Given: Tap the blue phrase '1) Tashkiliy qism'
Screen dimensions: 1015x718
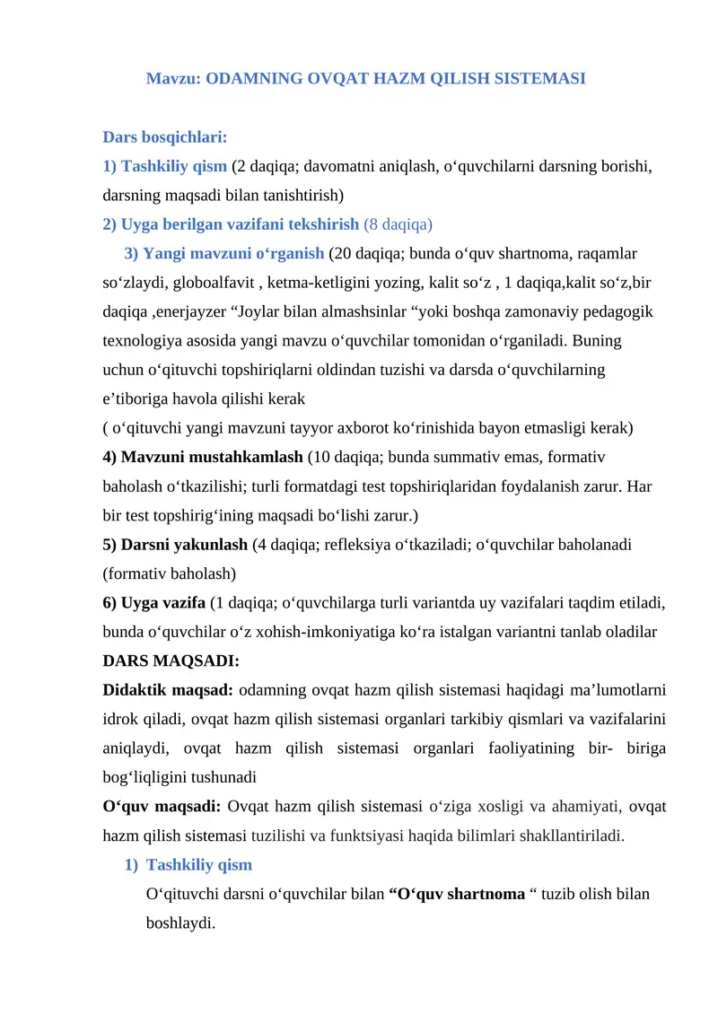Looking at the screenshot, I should (x=165, y=166).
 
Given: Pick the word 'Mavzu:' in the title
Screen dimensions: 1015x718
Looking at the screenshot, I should (x=173, y=78).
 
